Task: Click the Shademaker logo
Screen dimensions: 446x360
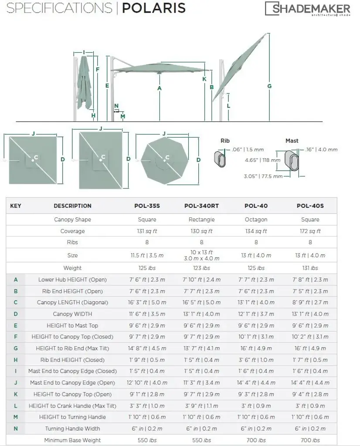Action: point(308,9)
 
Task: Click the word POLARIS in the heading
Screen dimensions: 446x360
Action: point(153,8)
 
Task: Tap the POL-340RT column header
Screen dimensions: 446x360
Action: point(201,206)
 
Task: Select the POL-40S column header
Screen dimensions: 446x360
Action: point(310,206)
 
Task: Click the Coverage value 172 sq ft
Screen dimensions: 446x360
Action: point(310,231)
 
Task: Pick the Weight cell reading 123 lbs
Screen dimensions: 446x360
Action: point(201,268)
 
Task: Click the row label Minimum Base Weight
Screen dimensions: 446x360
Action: point(72,440)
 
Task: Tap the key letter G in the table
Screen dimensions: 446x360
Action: point(16,348)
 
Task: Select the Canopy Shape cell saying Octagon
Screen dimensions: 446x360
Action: point(256,220)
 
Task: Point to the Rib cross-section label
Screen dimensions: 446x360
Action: point(225,141)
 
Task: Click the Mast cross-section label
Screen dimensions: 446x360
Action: point(292,141)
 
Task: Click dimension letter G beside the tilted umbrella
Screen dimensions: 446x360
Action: point(269,86)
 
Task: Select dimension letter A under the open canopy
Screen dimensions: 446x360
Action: point(160,88)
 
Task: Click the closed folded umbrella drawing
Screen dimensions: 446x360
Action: point(85,85)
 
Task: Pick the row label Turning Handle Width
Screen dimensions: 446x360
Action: point(72,429)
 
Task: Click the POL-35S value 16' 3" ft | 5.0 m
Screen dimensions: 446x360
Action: point(147,302)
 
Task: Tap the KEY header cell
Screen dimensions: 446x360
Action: point(16,206)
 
